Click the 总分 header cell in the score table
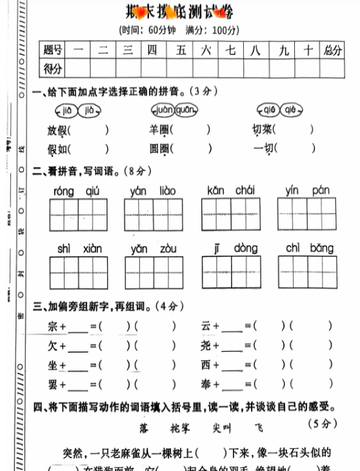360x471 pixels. (334, 50)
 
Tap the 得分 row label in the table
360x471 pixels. (53, 68)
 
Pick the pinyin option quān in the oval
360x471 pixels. (186, 110)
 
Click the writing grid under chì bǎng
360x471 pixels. (307, 272)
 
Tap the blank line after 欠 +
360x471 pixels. (77, 347)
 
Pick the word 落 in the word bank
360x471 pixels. (144, 427)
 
